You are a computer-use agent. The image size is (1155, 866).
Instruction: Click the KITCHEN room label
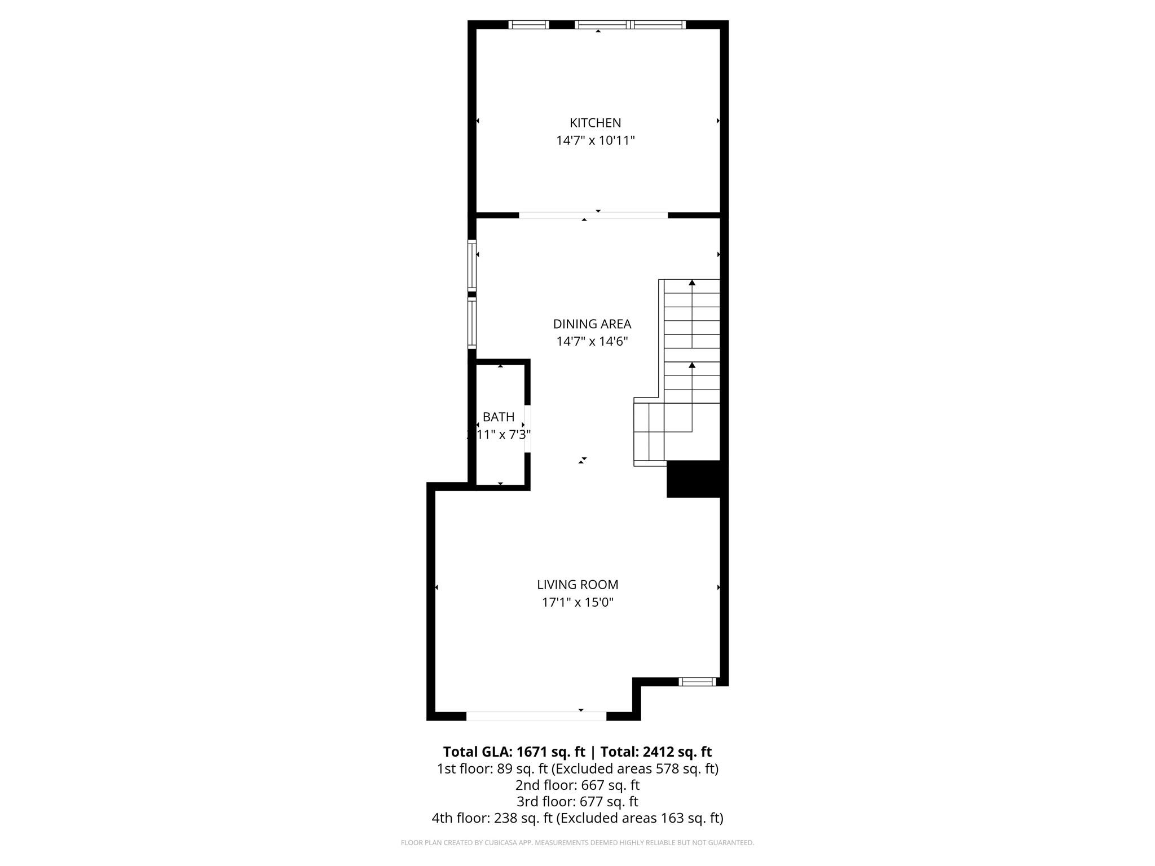[595, 122]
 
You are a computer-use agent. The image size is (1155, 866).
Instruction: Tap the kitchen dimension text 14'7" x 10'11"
[595, 140]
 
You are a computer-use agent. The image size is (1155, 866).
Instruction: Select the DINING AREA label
[592, 324]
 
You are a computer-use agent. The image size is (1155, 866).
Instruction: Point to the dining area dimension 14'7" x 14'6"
[592, 341]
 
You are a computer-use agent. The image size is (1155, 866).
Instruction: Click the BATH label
[499, 417]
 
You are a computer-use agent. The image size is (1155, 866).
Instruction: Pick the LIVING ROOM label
[577, 585]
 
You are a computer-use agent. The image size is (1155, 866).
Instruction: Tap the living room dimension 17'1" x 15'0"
[577, 602]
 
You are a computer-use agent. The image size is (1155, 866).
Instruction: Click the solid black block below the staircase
[694, 479]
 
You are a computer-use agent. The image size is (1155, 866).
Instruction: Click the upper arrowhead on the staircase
[692, 282]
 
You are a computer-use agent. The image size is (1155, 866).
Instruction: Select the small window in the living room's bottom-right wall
[697, 682]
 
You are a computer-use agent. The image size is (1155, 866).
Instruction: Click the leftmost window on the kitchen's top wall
[528, 24]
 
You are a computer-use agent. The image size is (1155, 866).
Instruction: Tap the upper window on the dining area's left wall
[472, 265]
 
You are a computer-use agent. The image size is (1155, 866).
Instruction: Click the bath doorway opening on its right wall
[527, 428]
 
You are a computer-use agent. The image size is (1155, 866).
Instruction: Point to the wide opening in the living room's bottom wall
[536, 716]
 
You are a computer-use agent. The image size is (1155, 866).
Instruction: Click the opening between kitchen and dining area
[593, 215]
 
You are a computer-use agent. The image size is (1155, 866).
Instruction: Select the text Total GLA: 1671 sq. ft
[514, 752]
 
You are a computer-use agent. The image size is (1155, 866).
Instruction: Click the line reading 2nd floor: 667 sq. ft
[577, 785]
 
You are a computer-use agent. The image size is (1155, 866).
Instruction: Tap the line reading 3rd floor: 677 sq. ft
[577, 801]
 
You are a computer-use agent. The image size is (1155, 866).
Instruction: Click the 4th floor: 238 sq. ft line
[577, 818]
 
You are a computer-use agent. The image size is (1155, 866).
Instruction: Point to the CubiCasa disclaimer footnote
[577, 843]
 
